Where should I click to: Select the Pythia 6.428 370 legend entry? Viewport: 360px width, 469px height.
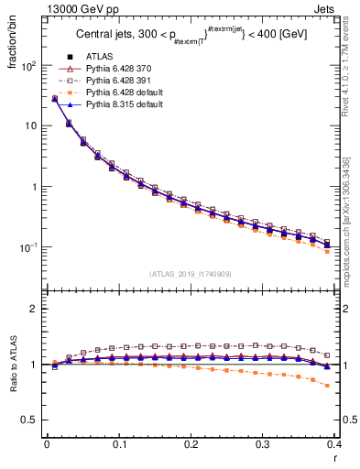coord(115,70)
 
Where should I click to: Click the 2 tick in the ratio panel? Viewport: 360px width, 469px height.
coord(35,309)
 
